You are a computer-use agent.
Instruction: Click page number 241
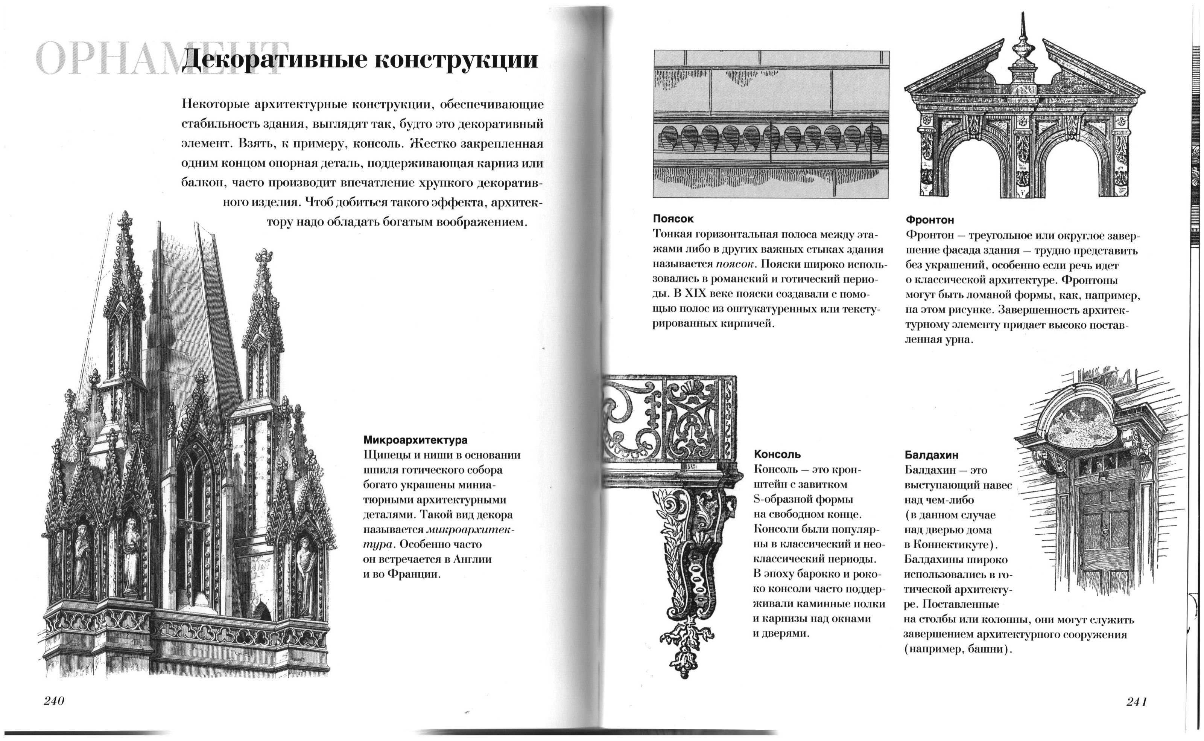[1136, 702]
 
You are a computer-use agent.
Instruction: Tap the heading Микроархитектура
[415, 440]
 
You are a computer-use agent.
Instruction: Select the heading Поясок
[673, 219]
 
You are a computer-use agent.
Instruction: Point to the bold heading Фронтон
[930, 220]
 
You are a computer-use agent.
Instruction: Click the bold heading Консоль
[777, 454]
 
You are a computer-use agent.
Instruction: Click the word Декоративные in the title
[275, 60]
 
